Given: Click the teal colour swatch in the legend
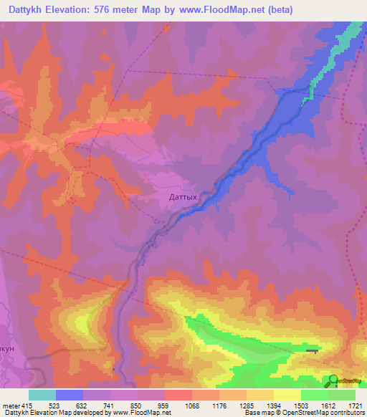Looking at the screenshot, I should pyautogui.click(x=42, y=395).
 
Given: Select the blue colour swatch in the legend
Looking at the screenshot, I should pyautogui.click(x=70, y=395).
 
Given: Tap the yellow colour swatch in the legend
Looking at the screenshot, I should pyautogui.click(x=287, y=395).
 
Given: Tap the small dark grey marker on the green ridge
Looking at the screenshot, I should pyautogui.click(x=313, y=350).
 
